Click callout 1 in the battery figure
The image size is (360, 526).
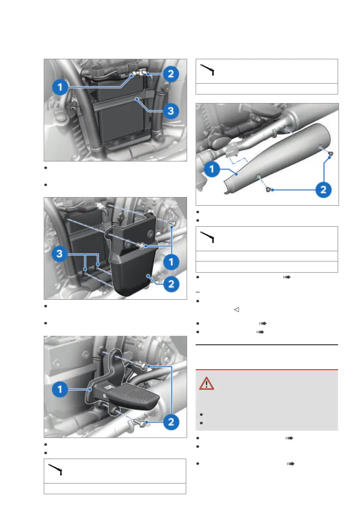pos(60,87)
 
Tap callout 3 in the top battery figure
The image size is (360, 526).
pos(171,111)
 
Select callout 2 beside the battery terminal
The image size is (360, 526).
pos(171,74)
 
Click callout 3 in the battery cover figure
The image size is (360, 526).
pos(59,254)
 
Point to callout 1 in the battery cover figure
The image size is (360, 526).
pos(171,262)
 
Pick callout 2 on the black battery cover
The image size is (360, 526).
pos(171,284)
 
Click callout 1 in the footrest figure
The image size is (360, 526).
pos(60,389)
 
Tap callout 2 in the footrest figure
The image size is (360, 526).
pos(171,422)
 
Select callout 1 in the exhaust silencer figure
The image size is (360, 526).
pos(212,169)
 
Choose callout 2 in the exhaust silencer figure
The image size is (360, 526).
pos(323,190)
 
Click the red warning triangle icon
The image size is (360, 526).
pos(206,384)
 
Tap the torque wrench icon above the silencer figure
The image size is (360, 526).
pos(207,70)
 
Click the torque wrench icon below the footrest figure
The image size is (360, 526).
pos(55,469)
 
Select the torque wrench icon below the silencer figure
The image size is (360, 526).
pos(207,237)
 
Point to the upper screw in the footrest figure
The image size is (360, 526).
pos(141,365)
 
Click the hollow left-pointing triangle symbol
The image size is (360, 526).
pos(236,310)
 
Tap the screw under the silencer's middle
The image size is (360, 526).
pos(268,189)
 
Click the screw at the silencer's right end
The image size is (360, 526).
pos(331,154)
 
